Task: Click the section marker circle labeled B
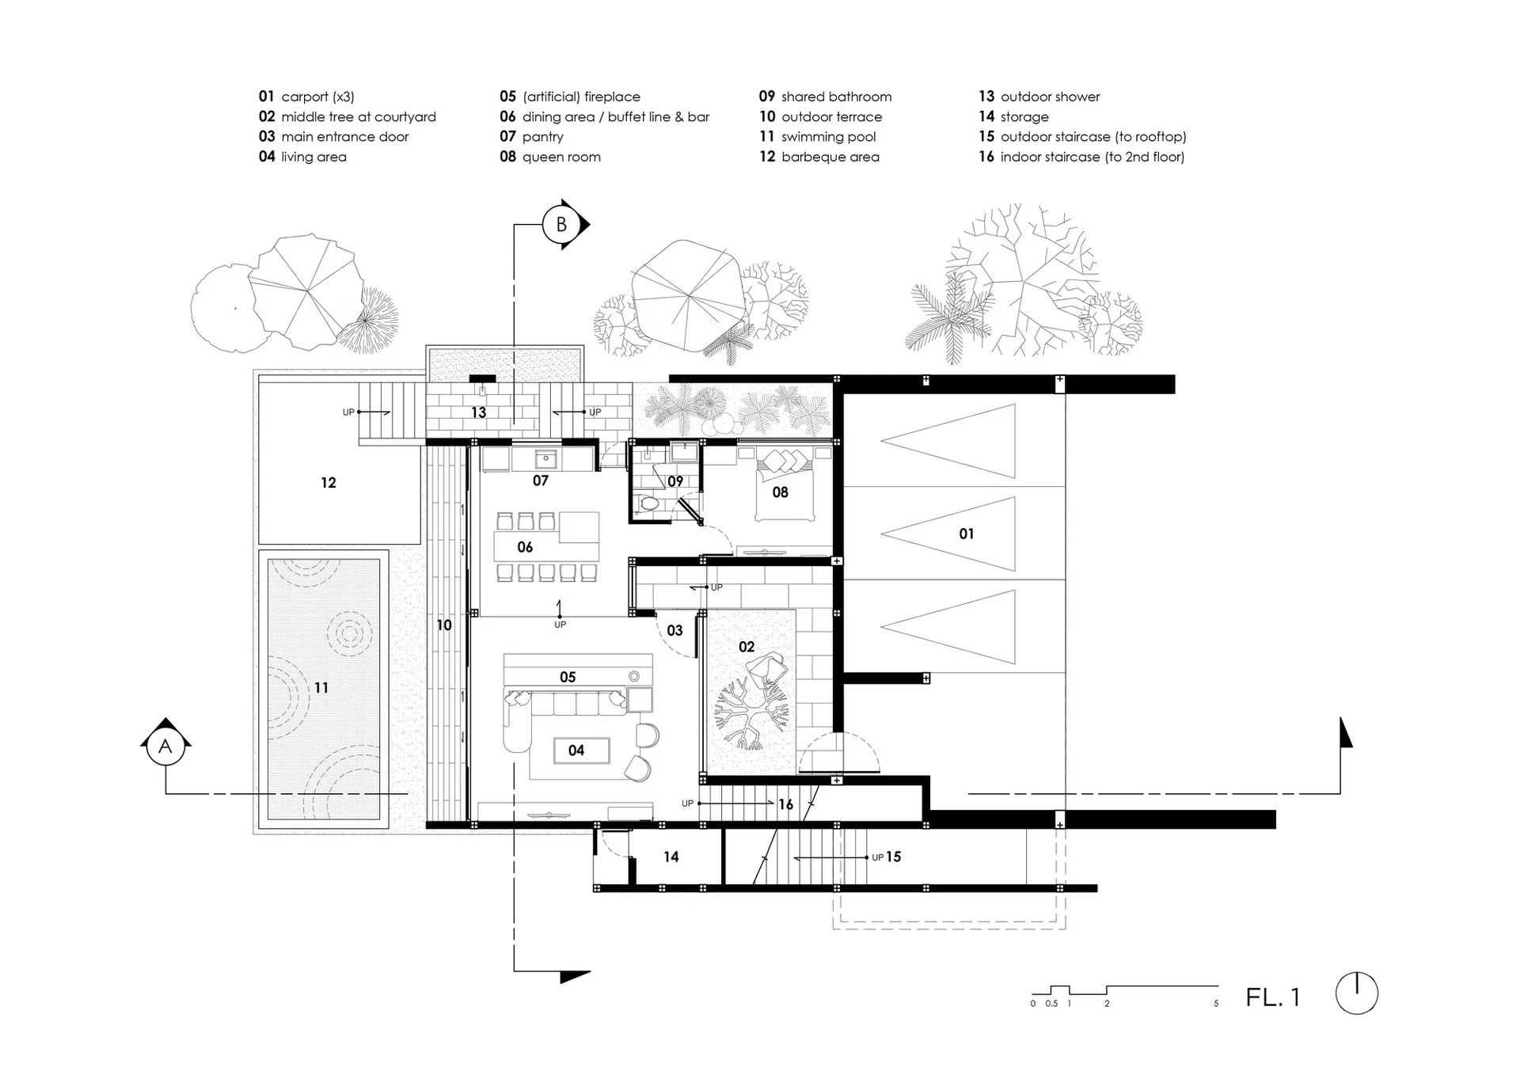[x=561, y=225]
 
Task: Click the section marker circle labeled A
[x=165, y=746]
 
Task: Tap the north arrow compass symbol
[x=1357, y=993]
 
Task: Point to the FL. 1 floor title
[x=1273, y=997]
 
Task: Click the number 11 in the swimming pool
[x=321, y=688]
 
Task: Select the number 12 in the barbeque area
[x=329, y=483]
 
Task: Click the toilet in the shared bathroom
[x=649, y=502]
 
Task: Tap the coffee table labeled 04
[x=576, y=750]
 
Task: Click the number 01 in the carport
[x=967, y=534]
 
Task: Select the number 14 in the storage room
[x=671, y=857]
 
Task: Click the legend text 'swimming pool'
[x=829, y=137]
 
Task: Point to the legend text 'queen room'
[x=561, y=157]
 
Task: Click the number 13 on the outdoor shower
[x=478, y=412]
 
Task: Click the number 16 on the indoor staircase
[x=785, y=804]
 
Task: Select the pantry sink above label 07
[x=545, y=459]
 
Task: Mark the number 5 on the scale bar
[x=1216, y=1004]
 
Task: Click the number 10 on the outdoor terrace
[x=444, y=625]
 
